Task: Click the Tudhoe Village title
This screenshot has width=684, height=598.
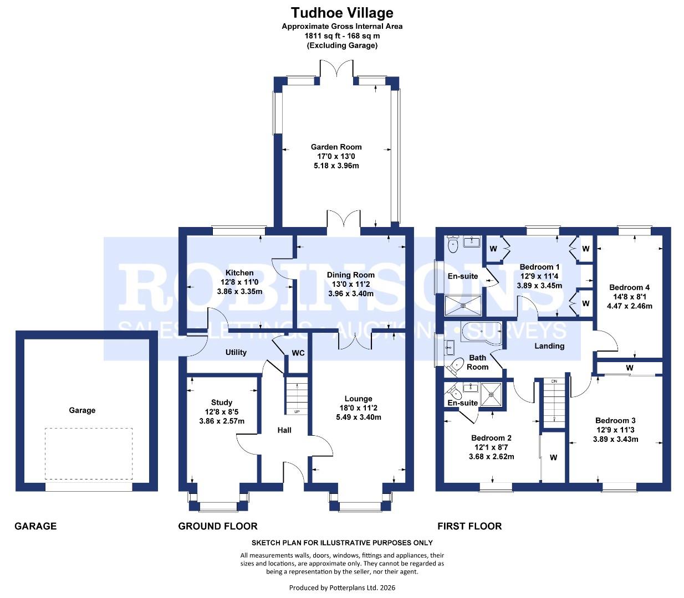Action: pyautogui.click(x=342, y=13)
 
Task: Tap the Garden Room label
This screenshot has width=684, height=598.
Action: pyautogui.click(x=336, y=147)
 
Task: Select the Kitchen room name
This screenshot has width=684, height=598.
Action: pyautogui.click(x=239, y=272)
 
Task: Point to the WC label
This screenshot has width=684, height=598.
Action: pyautogui.click(x=298, y=353)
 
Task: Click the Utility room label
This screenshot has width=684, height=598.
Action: pyautogui.click(x=236, y=352)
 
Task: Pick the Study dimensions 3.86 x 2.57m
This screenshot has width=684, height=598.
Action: pyautogui.click(x=221, y=421)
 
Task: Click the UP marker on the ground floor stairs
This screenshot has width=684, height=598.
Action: pyautogui.click(x=297, y=411)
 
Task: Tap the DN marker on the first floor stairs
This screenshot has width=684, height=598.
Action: pyautogui.click(x=553, y=382)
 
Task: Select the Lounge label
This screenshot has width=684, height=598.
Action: pyautogui.click(x=358, y=399)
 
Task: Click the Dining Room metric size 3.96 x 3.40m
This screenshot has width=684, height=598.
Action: pyautogui.click(x=350, y=293)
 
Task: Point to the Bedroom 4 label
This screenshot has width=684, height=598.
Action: pyautogui.click(x=629, y=287)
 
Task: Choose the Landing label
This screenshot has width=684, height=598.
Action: pyautogui.click(x=549, y=346)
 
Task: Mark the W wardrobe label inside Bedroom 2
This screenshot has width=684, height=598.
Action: pyautogui.click(x=553, y=457)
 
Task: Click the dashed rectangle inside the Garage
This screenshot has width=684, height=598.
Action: pyautogui.click(x=89, y=453)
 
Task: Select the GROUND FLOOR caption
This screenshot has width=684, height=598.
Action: pyautogui.click(x=218, y=526)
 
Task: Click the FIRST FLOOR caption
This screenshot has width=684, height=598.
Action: pyautogui.click(x=469, y=526)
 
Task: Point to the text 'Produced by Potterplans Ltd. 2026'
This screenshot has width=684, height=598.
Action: pyautogui.click(x=342, y=587)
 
